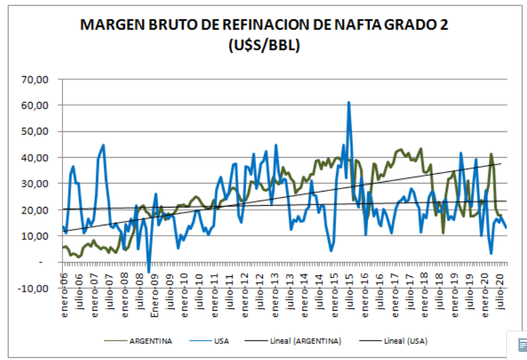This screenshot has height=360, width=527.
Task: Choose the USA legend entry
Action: click(x=221, y=341)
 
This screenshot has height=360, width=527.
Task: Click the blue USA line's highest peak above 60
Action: click(x=349, y=103)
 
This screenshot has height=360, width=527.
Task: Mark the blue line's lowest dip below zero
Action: click(x=149, y=272)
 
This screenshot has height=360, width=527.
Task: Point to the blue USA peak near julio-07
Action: click(x=103, y=145)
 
